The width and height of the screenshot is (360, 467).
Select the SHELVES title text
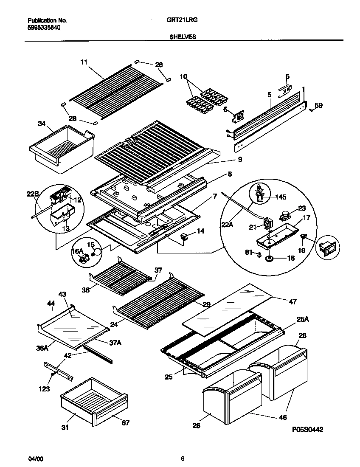click(183, 37)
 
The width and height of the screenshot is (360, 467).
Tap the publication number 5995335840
click(44, 27)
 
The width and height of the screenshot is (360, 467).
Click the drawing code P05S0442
click(308, 430)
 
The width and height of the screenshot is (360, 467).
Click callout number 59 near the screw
click(318, 105)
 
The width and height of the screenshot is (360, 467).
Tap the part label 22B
click(32, 194)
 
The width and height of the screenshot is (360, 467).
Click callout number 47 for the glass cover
click(292, 302)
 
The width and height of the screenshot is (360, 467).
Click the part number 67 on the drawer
click(125, 422)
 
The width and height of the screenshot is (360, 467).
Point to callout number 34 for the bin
click(41, 124)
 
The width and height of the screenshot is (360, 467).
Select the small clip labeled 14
click(185, 236)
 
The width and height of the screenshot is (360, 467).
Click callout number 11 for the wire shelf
click(83, 62)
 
